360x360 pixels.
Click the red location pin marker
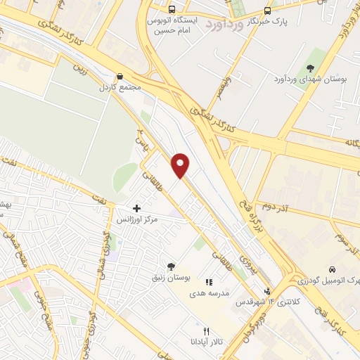pos(181,165)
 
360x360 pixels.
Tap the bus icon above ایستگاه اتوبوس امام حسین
pos(172,10)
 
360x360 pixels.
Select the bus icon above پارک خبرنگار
pos(267,11)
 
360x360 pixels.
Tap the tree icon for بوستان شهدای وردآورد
pos(310,67)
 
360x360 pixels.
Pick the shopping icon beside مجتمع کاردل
pos(120,76)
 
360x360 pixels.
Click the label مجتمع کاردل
pos(120,88)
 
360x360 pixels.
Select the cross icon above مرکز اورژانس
pos(136,207)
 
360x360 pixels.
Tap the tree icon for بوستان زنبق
pos(171,266)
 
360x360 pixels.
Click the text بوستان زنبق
pos(171,279)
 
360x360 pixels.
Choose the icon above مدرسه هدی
pos(208,282)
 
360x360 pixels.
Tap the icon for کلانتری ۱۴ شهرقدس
pos(266,291)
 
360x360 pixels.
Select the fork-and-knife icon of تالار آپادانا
pos(206,331)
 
